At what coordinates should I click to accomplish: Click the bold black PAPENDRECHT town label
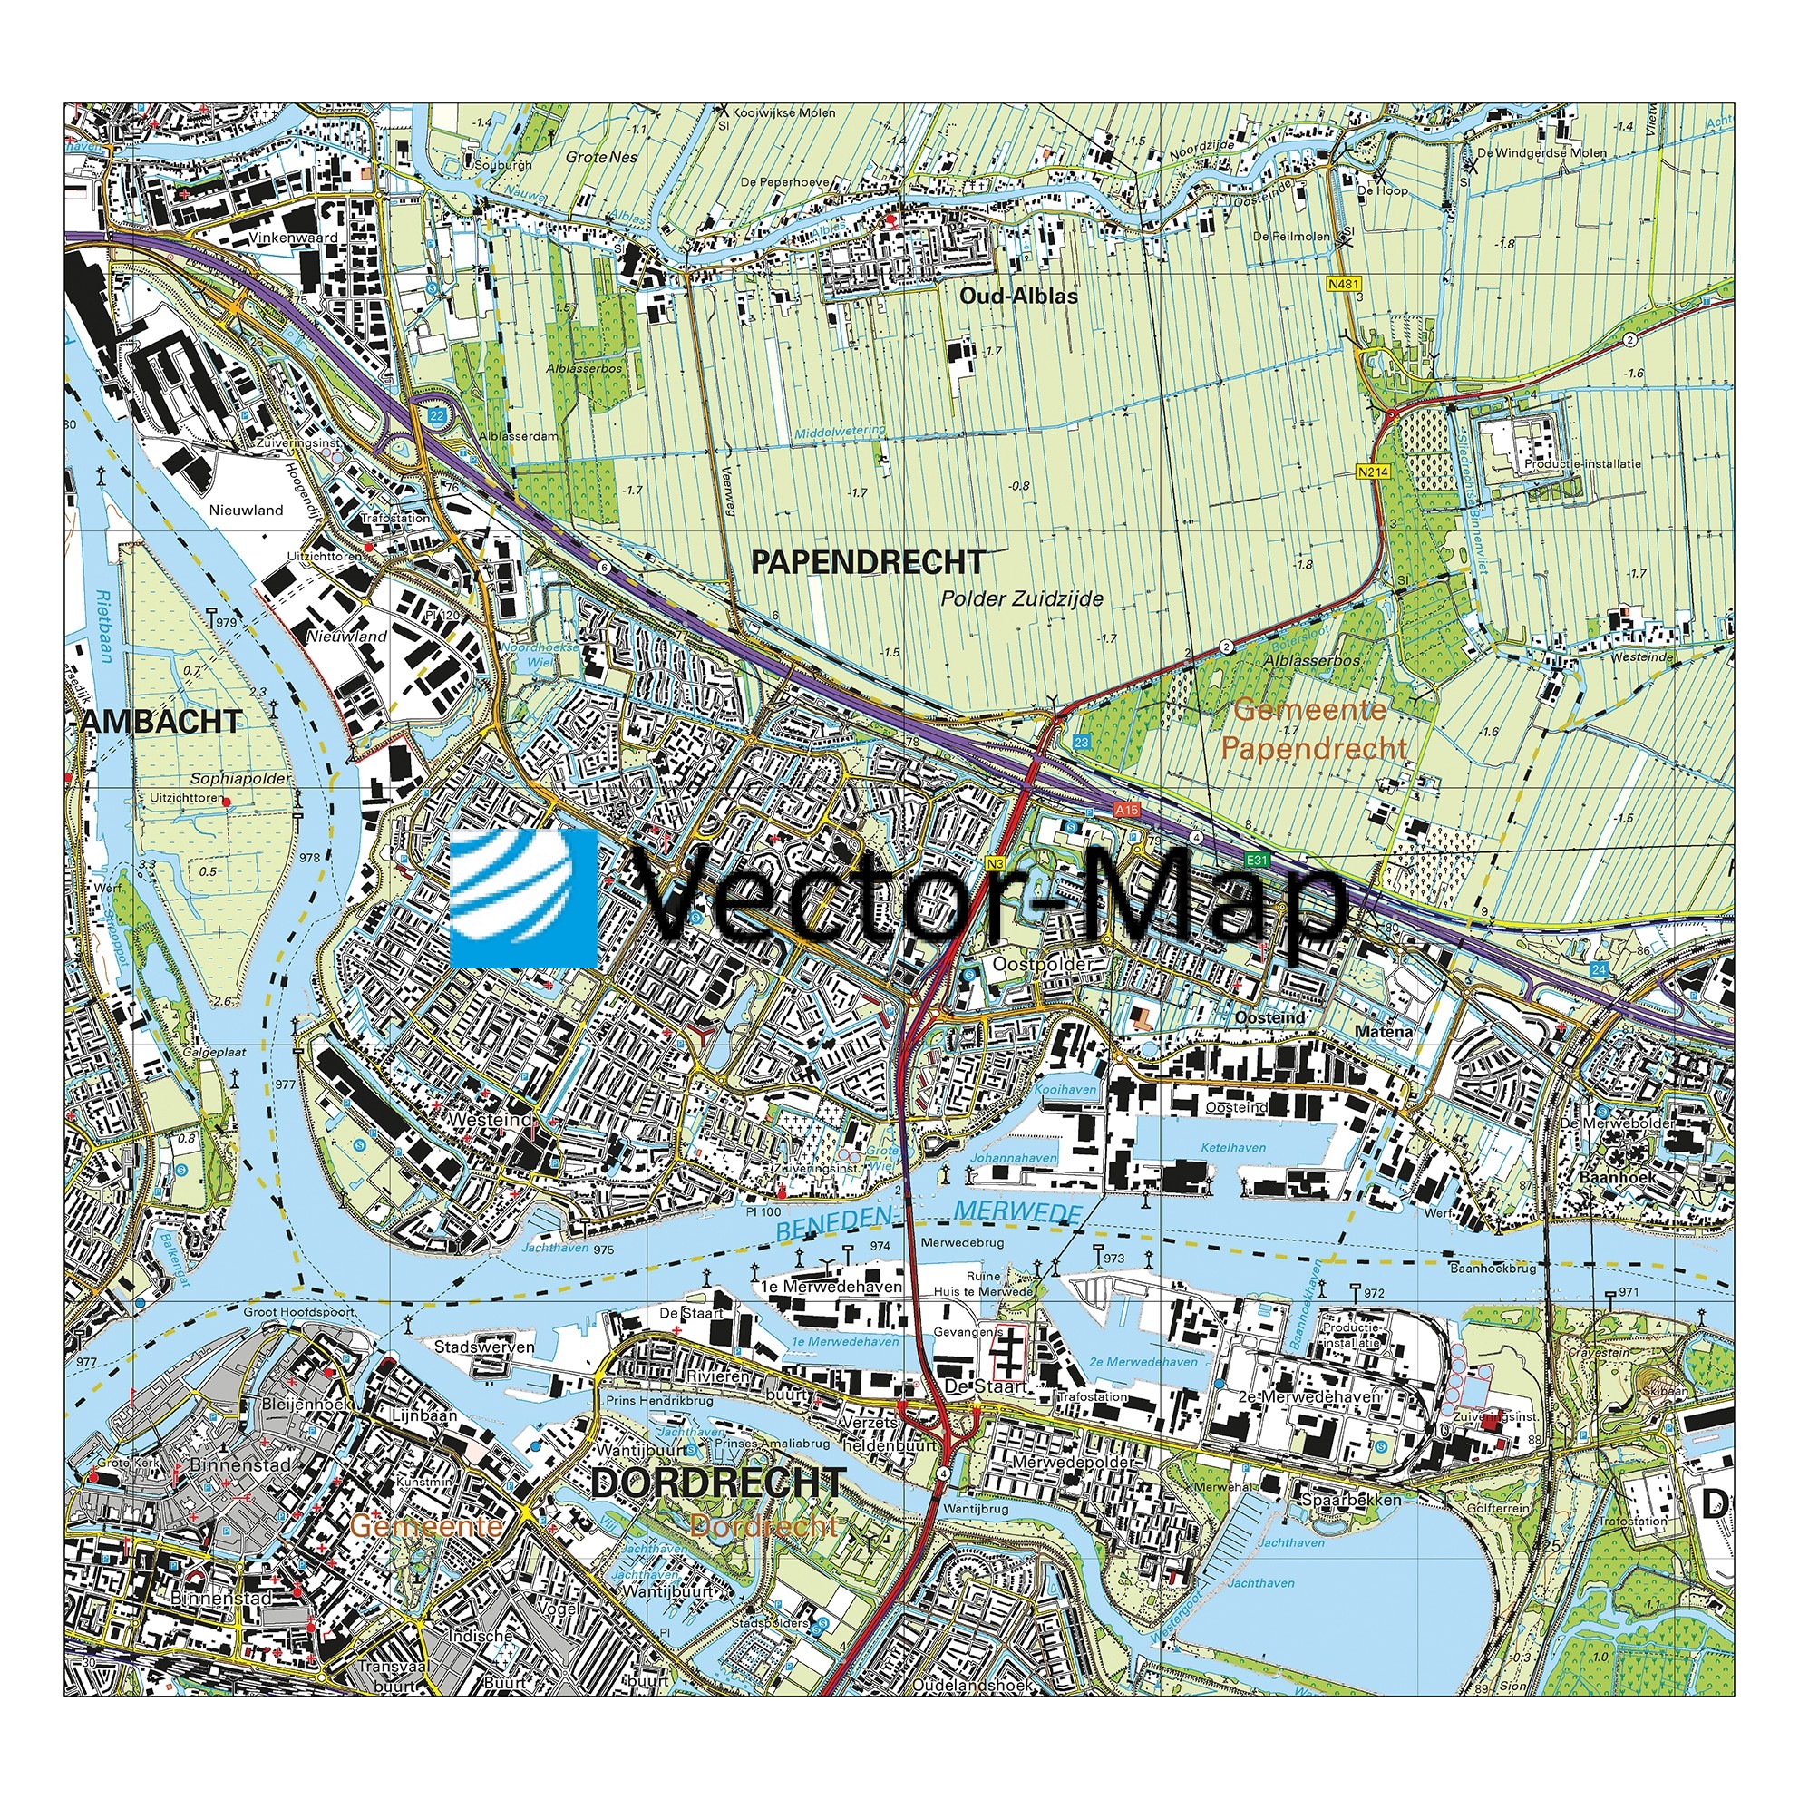pyautogui.click(x=867, y=562)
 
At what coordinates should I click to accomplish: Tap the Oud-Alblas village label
pyautogui.click(x=1018, y=297)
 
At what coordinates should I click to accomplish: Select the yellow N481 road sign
pyautogui.click(x=1344, y=284)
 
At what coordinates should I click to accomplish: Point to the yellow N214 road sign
pyautogui.click(x=1373, y=472)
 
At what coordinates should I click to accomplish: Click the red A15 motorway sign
pyautogui.click(x=1128, y=810)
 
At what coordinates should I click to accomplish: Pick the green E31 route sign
pyautogui.click(x=1257, y=861)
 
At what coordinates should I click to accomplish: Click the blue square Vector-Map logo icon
pyautogui.click(x=524, y=899)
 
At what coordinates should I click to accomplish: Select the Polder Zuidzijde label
pyautogui.click(x=1022, y=598)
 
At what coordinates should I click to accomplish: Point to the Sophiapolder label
pyautogui.click(x=240, y=779)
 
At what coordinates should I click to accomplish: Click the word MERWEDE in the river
pyautogui.click(x=1017, y=1211)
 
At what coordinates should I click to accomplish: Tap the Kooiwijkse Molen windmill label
pyautogui.click(x=783, y=112)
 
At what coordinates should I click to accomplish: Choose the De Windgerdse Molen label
pyautogui.click(x=1541, y=152)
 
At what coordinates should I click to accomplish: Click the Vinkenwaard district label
pyautogui.click(x=293, y=238)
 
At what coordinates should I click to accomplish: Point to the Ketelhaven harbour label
pyautogui.click(x=1234, y=1147)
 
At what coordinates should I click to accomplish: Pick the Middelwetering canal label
pyautogui.click(x=840, y=432)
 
